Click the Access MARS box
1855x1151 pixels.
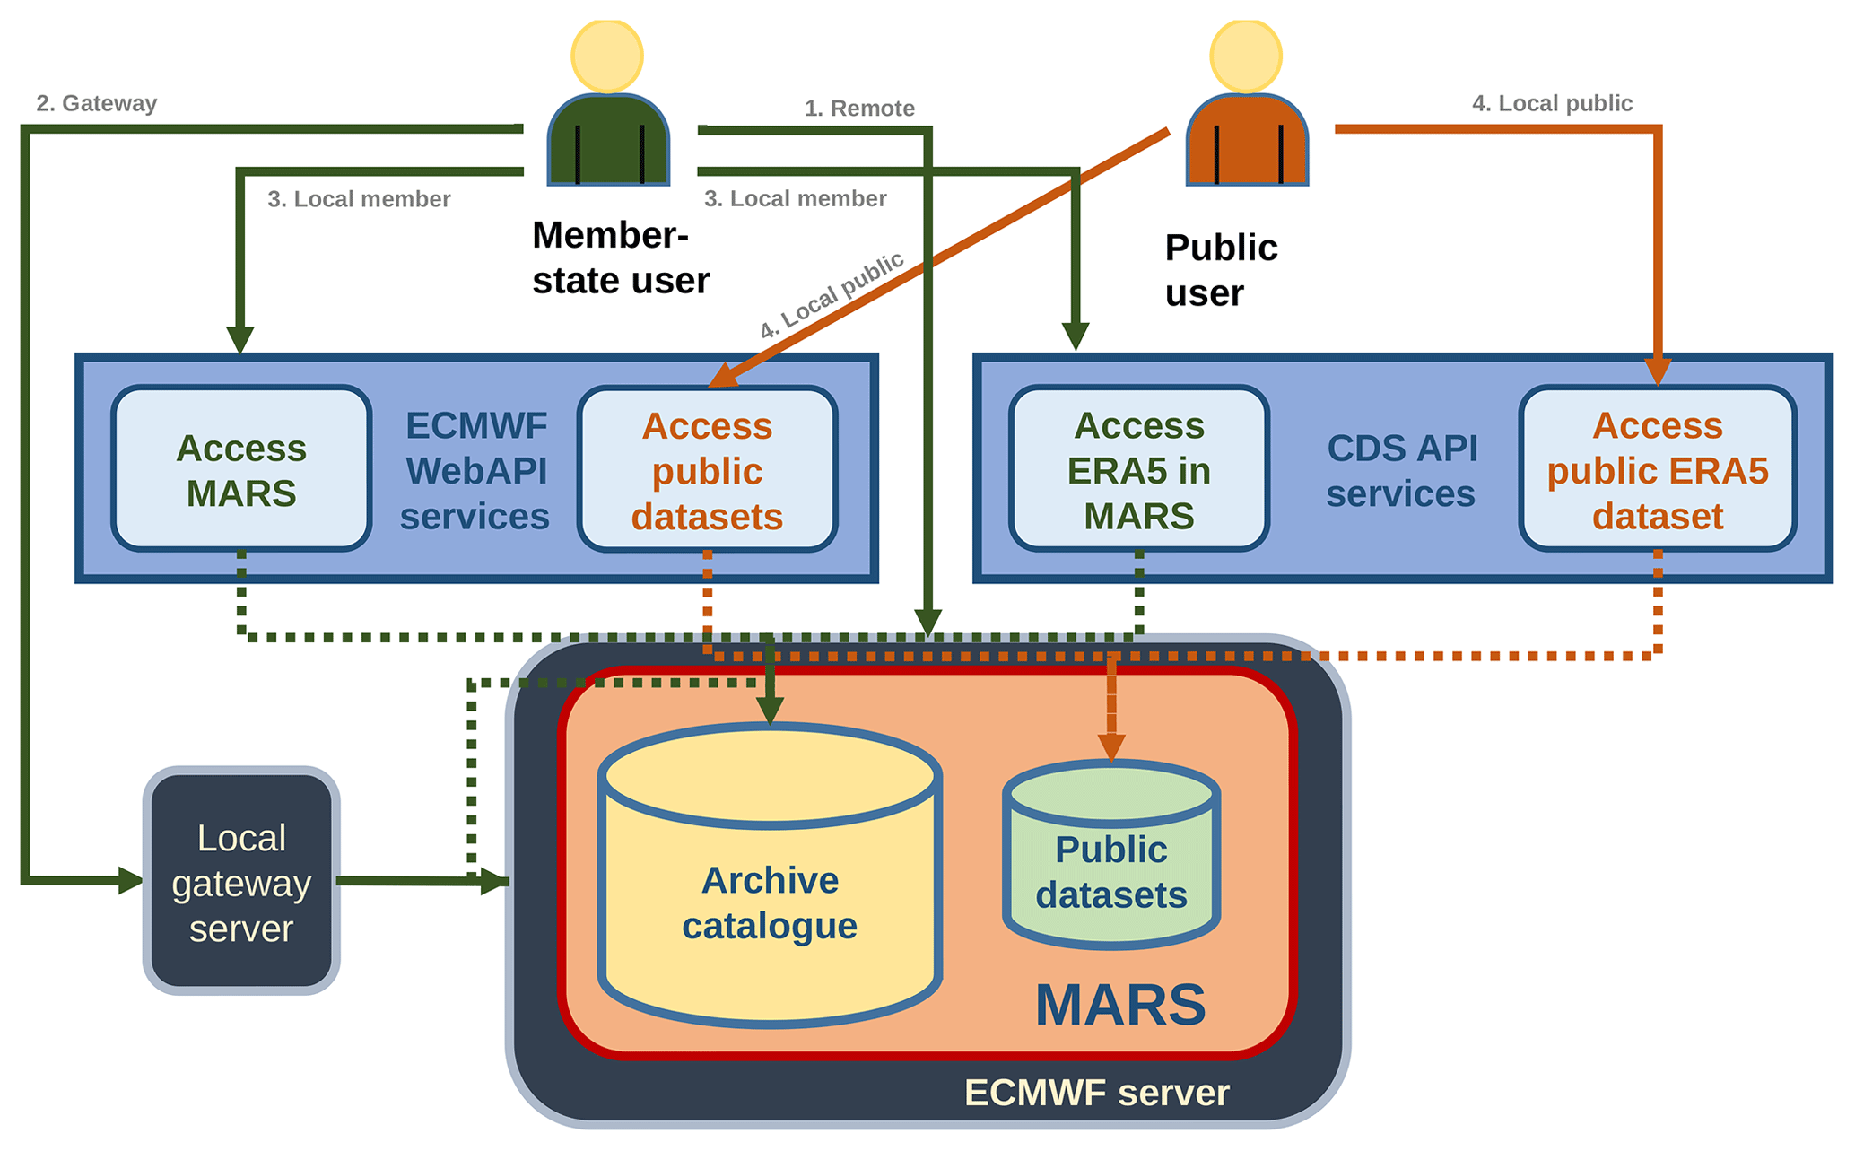click(x=241, y=469)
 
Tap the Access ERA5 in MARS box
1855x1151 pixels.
click(x=1138, y=469)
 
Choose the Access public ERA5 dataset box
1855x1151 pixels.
click(x=1657, y=469)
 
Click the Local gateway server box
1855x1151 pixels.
click(x=241, y=881)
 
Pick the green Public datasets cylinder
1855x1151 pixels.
click(x=1110, y=870)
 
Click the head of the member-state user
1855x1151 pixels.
click(x=607, y=56)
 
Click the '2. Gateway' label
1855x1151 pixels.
click(x=97, y=103)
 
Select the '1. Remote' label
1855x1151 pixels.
click(x=859, y=109)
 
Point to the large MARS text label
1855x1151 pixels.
click(x=1120, y=1005)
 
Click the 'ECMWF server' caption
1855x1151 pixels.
click(x=1096, y=1093)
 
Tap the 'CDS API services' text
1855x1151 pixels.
click(x=1401, y=470)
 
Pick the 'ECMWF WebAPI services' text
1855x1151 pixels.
click(x=475, y=470)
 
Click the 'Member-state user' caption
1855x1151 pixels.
click(x=620, y=257)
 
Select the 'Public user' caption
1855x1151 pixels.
click(x=1220, y=270)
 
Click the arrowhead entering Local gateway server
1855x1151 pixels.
click(x=130, y=880)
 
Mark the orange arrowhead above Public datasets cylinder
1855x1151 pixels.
click(x=1111, y=746)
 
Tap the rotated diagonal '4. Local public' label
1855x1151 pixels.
click(x=832, y=295)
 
